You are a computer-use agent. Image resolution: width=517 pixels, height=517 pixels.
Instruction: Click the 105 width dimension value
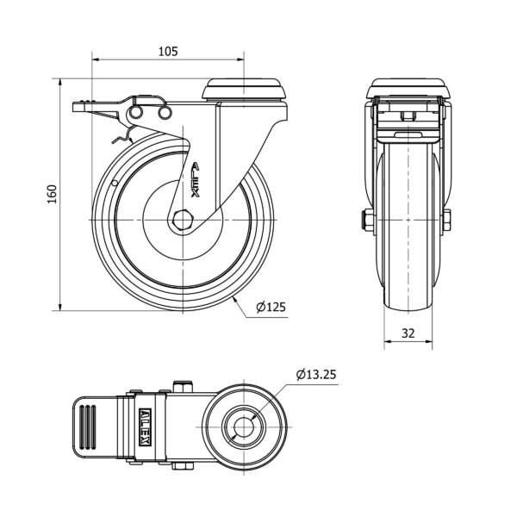[x=168, y=52]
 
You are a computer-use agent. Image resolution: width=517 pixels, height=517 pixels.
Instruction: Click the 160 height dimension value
[x=52, y=194]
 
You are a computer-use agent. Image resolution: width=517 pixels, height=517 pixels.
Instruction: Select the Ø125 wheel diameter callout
[x=271, y=307]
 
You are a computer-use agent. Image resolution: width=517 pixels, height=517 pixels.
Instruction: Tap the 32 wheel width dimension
[x=408, y=333]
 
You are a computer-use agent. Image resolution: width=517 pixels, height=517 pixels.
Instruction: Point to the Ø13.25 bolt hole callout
[x=316, y=375]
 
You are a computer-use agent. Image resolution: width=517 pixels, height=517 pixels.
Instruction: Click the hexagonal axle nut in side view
[x=183, y=220]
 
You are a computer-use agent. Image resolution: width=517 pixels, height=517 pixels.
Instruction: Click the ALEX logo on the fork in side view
[x=196, y=179]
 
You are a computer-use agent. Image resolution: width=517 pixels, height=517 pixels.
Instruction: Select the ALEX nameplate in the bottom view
[x=146, y=427]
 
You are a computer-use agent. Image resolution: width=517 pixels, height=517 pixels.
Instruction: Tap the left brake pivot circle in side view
[x=135, y=112]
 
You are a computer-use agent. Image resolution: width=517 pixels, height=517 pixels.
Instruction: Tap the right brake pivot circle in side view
[x=165, y=112]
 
